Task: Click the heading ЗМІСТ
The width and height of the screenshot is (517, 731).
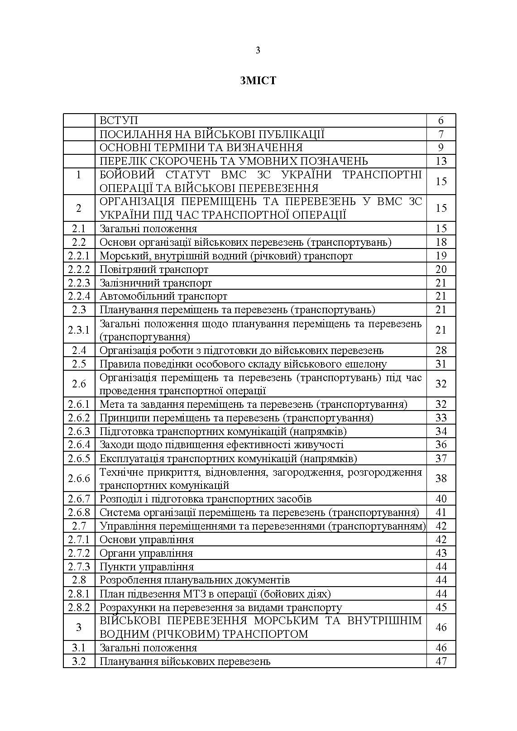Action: (x=258, y=81)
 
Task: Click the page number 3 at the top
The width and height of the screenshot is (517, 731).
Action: (x=258, y=51)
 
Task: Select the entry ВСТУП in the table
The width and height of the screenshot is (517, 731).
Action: (x=119, y=120)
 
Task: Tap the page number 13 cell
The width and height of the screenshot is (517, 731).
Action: (x=441, y=161)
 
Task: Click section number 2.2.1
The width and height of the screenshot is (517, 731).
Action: (x=79, y=256)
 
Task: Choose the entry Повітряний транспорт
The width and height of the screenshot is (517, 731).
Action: (x=154, y=269)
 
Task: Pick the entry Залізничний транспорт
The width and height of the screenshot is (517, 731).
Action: (x=156, y=283)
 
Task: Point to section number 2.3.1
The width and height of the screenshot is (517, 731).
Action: (x=79, y=330)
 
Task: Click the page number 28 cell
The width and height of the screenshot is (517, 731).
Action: (x=441, y=350)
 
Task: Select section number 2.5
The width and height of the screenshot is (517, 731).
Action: (x=79, y=364)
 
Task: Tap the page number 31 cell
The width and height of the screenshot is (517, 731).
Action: (x=441, y=364)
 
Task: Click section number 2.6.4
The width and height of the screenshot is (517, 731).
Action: (x=79, y=444)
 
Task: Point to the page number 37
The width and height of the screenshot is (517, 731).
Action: (x=441, y=458)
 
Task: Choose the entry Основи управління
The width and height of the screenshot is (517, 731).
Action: (x=147, y=540)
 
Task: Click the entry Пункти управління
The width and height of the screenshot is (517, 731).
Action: (x=147, y=567)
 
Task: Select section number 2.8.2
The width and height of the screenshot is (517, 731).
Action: (x=79, y=607)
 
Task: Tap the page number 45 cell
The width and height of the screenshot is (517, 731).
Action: (x=441, y=607)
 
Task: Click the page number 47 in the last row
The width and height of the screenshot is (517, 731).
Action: (x=441, y=661)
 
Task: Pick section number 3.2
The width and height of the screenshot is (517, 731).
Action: (x=79, y=661)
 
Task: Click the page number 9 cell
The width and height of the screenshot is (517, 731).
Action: (x=441, y=148)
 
